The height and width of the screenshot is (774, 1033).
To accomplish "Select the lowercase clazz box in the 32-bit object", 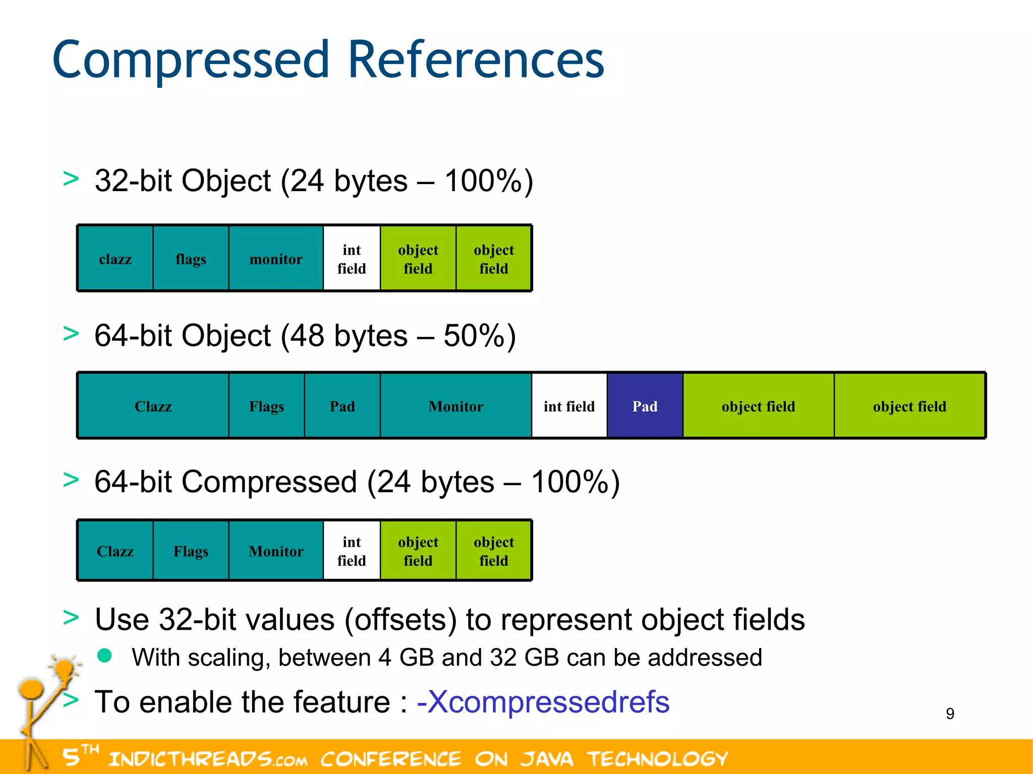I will point(116,259).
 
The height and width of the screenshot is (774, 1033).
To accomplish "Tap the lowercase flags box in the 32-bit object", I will point(191,259).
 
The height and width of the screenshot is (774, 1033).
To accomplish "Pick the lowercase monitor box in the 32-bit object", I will point(276,259).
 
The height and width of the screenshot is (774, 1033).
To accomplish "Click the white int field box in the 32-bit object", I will point(352,259).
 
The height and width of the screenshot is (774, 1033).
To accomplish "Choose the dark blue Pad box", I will point(645,406).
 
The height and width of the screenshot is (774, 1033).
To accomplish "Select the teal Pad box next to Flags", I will point(342,406).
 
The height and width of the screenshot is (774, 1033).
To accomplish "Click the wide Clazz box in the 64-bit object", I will point(153,406).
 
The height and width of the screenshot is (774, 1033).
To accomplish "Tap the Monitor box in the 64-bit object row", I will point(456,406).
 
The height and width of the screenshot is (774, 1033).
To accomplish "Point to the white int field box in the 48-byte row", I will point(569,406).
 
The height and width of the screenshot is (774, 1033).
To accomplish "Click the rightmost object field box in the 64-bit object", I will point(909,406).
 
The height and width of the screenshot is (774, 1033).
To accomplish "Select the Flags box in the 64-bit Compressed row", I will point(191,551).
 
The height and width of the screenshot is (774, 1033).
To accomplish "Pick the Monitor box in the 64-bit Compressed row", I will point(276,551).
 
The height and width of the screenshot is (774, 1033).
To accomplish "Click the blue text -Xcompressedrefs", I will point(543,701).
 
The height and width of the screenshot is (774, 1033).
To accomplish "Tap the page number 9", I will point(950,713).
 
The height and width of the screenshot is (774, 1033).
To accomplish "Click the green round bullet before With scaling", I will point(104,655).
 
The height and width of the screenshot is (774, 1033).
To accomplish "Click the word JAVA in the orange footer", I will point(547,758).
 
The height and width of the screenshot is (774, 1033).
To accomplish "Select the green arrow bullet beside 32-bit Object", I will point(71,179).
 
